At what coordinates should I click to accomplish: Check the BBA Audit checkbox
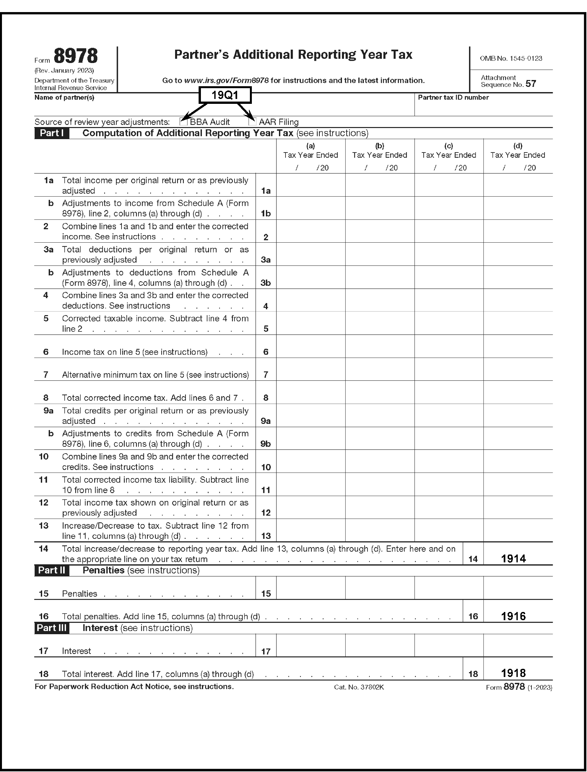coord(183,121)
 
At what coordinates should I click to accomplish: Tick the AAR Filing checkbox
coord(252,121)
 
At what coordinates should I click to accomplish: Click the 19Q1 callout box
coord(225,95)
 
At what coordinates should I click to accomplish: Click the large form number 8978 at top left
coord(75,56)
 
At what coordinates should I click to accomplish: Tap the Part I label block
coord(52,133)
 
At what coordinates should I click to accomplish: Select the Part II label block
coord(52,570)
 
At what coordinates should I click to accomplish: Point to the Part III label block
coord(52,628)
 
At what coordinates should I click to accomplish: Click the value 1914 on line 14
coord(513,558)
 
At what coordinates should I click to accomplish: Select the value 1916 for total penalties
coord(513,616)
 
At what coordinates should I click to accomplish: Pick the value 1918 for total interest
coord(513,673)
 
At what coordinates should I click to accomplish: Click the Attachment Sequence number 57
coord(530,84)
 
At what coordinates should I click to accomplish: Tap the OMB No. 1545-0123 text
coord(511,58)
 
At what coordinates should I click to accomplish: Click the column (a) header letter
coord(310,146)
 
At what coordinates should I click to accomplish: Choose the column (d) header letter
coord(517,146)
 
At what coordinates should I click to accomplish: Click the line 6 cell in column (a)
coord(311,346)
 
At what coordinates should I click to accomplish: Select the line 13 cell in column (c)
coord(448,530)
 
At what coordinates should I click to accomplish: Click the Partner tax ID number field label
coord(453,97)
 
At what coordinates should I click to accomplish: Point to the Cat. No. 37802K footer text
coord(359,687)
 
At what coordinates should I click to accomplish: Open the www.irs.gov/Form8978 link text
coord(226,80)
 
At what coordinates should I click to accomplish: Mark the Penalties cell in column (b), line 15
coord(380,588)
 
